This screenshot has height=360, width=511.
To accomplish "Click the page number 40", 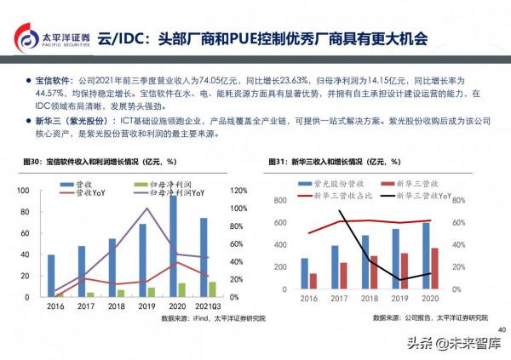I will (501, 329).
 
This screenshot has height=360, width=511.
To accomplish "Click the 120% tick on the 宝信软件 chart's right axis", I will (239, 191).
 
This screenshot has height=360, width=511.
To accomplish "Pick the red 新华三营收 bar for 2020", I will (434, 268).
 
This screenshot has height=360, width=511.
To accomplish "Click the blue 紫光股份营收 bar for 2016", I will (304, 273).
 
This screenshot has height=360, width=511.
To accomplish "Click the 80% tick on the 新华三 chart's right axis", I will (458, 200).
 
